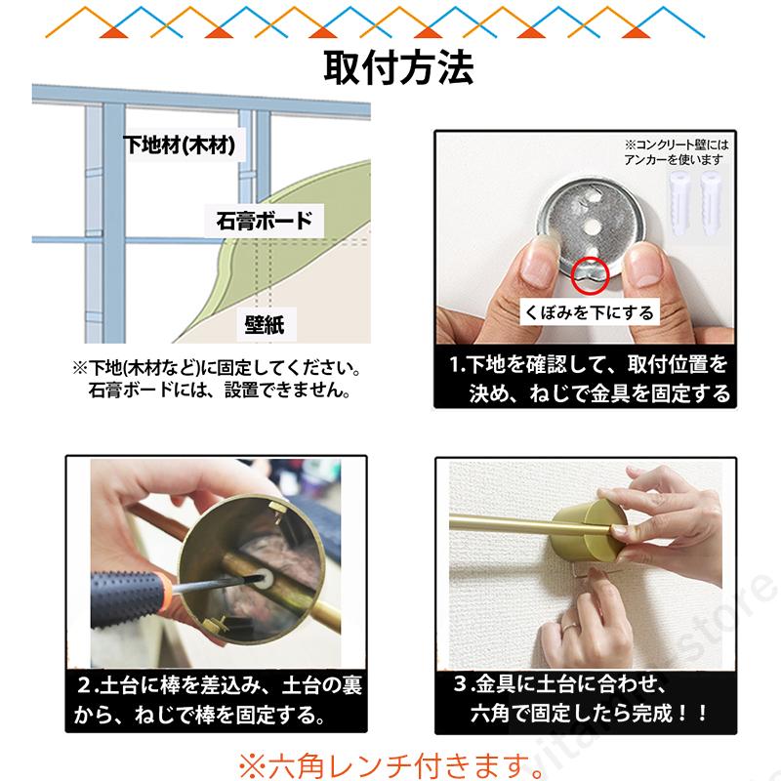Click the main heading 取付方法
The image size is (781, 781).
pos(398,67)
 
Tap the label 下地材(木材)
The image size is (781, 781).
pos(180,144)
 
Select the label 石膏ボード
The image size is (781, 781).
pos(265,221)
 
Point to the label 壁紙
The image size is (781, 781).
pos(265,325)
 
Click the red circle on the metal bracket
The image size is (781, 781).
pos(590,275)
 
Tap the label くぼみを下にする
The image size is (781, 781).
pos(590,312)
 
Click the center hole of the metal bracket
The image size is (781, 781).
pos(593,227)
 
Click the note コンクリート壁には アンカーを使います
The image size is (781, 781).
pos(676,152)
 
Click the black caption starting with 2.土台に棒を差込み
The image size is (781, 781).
pos(217,700)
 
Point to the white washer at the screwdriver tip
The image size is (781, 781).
pos(264,579)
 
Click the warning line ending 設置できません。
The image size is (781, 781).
pos(219,390)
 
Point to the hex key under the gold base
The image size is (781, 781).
pos(593,573)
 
